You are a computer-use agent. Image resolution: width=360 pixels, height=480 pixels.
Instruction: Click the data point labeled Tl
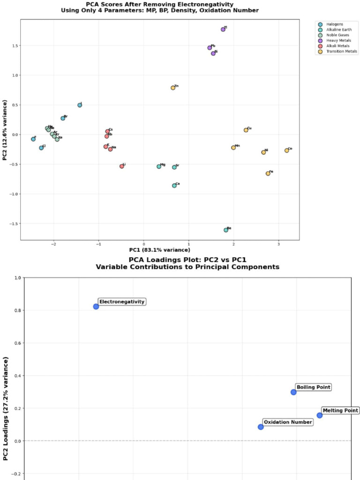point(223,30)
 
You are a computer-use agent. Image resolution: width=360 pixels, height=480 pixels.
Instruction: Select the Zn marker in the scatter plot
point(173,88)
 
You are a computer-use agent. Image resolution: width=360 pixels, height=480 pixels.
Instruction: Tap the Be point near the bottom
point(226,230)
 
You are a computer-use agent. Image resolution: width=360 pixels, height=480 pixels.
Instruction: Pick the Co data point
point(287,150)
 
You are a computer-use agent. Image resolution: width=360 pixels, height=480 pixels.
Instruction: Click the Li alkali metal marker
point(122,166)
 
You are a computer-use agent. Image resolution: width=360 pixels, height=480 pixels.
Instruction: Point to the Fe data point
point(268,173)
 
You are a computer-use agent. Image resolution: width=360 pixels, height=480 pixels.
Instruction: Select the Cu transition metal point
point(246,130)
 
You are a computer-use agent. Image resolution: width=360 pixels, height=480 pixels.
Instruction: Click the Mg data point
point(159,166)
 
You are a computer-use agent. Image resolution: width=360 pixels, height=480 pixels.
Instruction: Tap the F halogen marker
point(33,139)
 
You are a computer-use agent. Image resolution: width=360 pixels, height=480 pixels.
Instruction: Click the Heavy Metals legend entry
point(337,41)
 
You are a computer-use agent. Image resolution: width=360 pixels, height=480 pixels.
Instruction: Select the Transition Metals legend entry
point(341,52)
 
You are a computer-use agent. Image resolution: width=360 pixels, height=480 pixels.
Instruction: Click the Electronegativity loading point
point(96,307)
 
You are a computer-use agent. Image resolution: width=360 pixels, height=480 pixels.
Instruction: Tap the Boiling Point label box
point(314,387)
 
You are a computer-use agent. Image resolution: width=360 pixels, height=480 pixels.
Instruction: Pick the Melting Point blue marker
point(320,415)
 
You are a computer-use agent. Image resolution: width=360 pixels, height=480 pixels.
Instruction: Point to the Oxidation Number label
point(287,422)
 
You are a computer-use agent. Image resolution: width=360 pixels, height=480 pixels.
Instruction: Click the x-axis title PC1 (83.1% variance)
point(160,250)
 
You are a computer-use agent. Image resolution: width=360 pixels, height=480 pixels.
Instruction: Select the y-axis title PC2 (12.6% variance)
point(5,130)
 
